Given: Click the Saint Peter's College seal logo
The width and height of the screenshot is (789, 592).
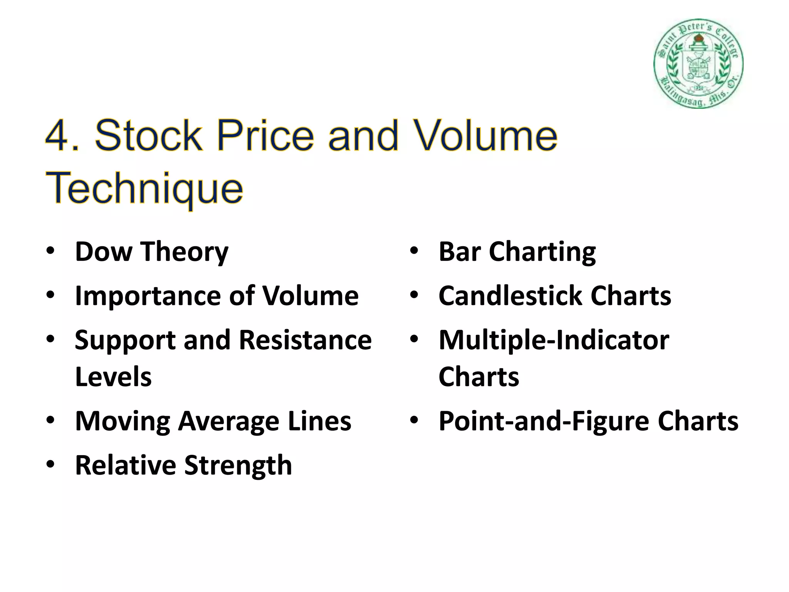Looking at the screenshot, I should [x=698, y=63].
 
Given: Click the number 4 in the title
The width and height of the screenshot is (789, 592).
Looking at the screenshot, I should [x=58, y=136].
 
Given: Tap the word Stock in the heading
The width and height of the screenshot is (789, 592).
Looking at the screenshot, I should [x=148, y=136].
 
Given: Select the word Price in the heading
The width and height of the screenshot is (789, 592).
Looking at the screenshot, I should [x=265, y=136].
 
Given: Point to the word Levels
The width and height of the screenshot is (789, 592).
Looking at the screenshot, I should [x=113, y=377].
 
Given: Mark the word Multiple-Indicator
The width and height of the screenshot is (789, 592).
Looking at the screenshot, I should [x=554, y=341].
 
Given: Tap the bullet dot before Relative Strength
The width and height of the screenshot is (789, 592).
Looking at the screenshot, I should [x=50, y=465].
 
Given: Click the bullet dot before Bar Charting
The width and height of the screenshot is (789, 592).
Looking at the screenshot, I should [x=414, y=251].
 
